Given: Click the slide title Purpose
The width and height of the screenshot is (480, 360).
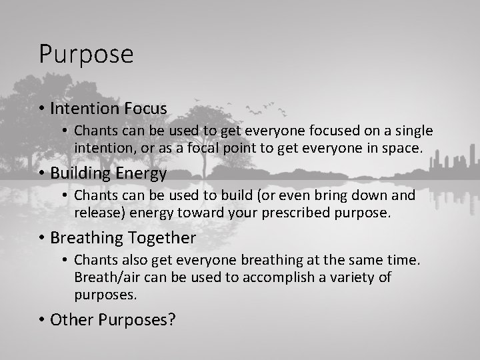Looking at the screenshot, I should pos(86,54).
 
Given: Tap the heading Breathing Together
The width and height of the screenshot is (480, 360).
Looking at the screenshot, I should pos(123,237).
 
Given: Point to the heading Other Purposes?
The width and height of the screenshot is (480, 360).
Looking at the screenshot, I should pos(113,319).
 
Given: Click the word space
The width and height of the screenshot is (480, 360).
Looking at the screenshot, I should pos(403,147).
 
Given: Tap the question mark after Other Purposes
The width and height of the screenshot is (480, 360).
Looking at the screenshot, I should pos(171,319).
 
